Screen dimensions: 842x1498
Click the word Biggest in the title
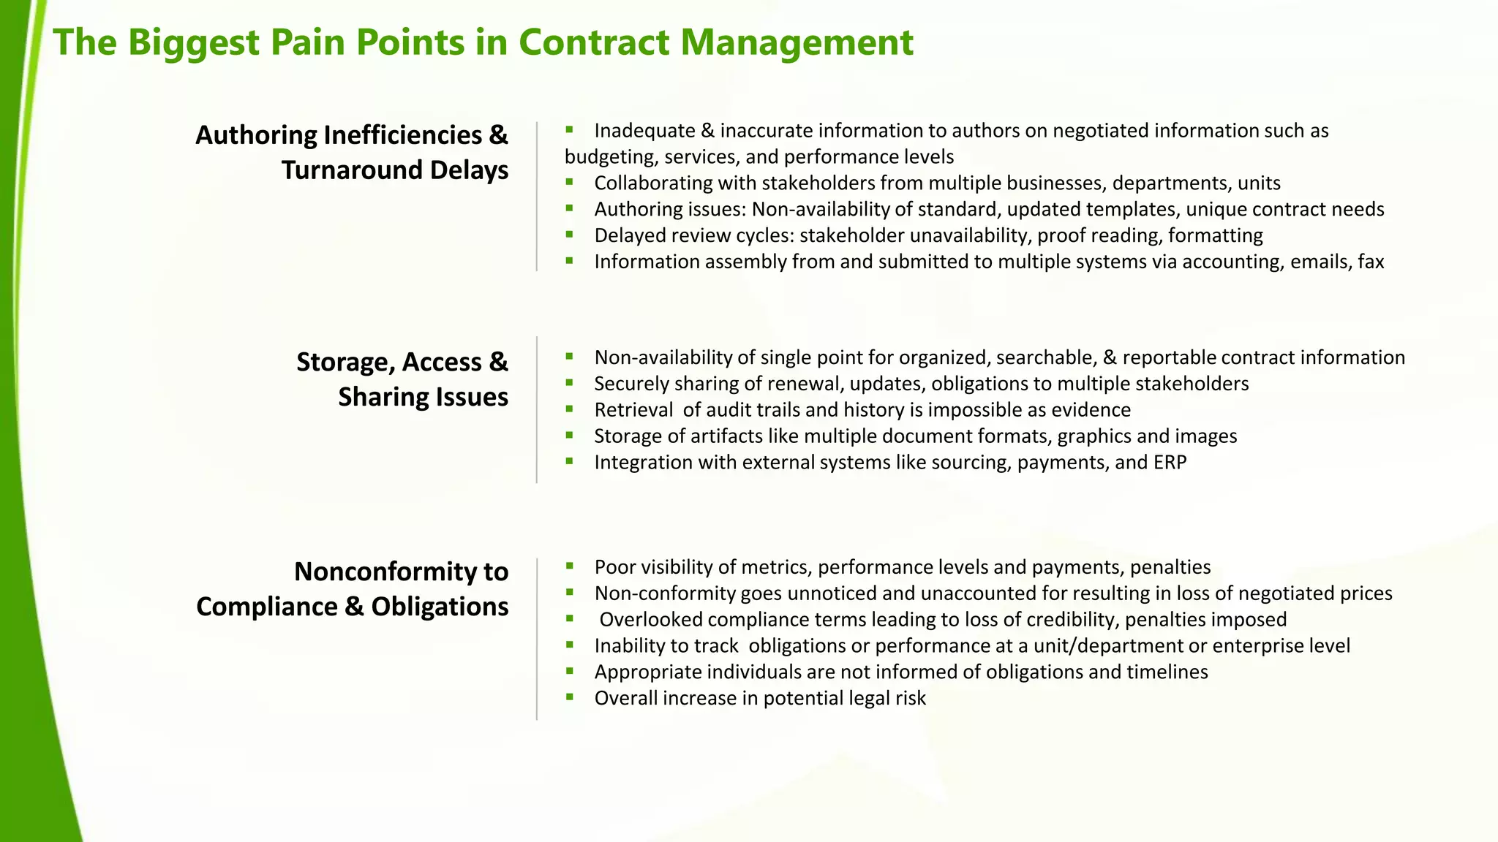194,42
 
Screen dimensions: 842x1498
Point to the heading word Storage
343,363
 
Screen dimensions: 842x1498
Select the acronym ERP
1170,462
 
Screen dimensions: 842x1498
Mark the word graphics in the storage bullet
1094,436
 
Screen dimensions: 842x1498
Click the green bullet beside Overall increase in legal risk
569,697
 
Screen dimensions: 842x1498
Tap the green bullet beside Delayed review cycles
569,235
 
